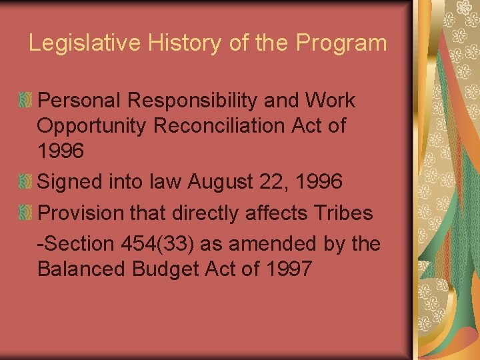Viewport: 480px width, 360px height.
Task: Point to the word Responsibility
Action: (213, 101)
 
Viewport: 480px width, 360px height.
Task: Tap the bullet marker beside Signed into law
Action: (25, 180)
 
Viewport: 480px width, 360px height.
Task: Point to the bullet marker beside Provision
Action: (25, 212)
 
